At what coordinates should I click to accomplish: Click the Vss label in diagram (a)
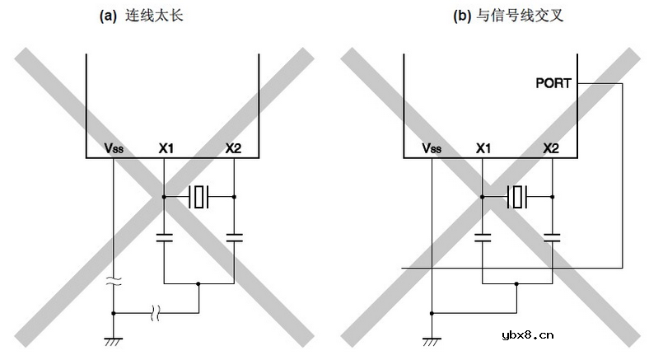113,148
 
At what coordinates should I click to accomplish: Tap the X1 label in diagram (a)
166,148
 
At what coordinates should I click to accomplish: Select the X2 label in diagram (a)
234,148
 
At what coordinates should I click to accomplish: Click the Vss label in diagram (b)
431,148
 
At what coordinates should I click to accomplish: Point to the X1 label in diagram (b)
483,148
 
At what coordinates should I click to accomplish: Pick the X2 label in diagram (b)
552,148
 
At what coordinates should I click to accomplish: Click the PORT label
554,82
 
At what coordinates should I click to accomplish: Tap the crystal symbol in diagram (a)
199,197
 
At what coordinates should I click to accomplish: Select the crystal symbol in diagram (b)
517,197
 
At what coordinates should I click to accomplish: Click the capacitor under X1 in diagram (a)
165,237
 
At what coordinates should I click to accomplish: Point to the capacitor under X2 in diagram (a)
234,237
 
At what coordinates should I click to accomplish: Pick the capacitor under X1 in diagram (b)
483,237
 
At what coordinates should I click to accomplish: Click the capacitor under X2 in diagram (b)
552,237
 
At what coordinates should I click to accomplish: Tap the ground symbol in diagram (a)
113,340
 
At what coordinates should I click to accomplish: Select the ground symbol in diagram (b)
431,340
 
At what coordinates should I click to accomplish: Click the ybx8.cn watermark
527,334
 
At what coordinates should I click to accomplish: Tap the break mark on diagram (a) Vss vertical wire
113,282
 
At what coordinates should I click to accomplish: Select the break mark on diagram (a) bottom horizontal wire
156,312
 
